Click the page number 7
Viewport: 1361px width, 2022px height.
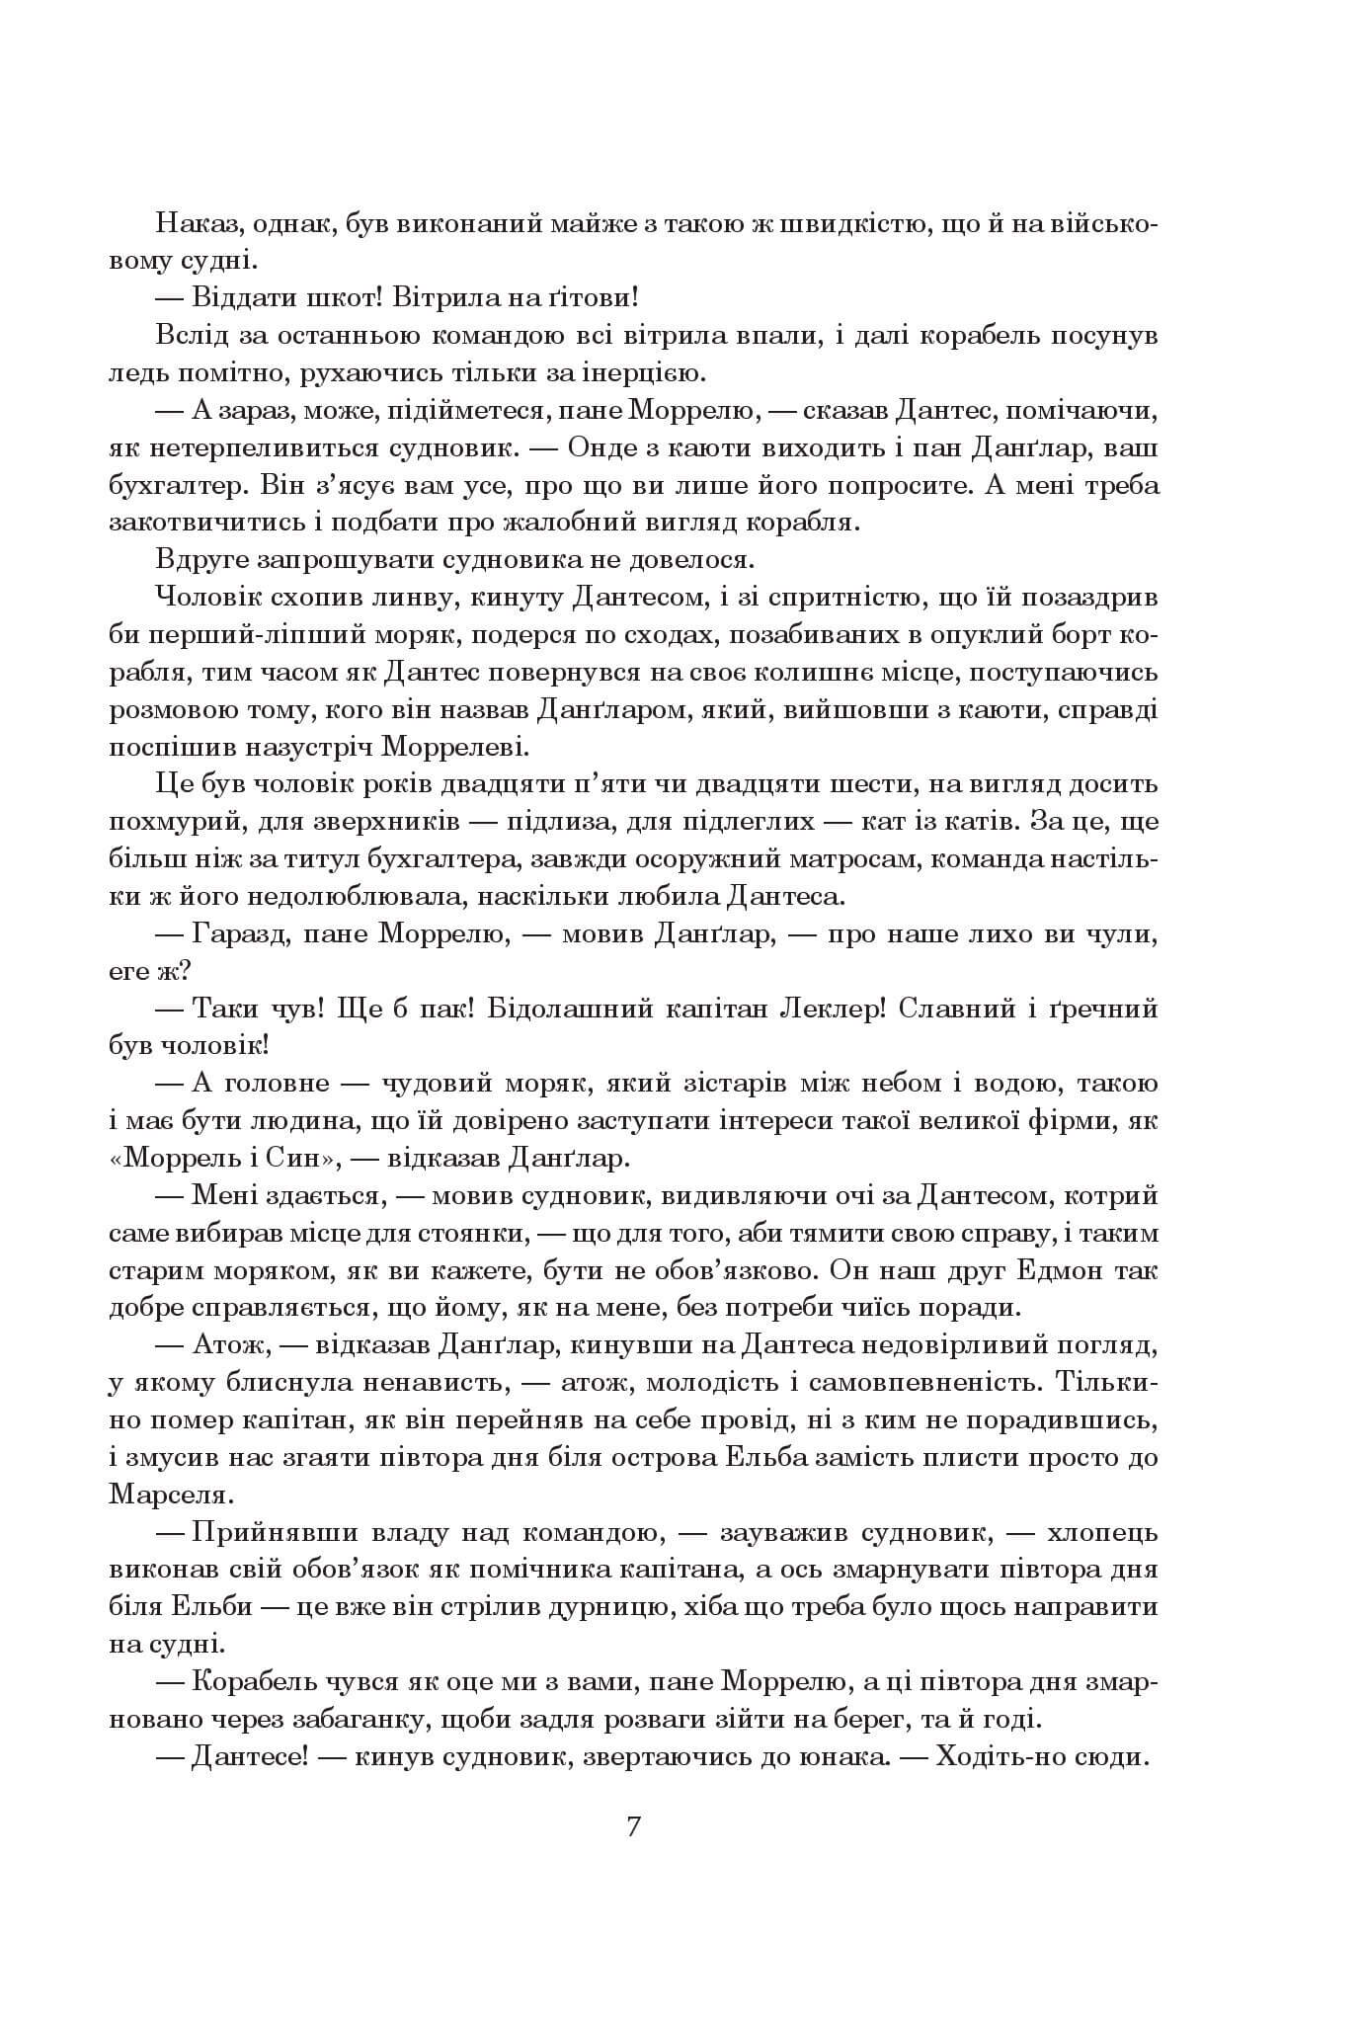[x=633, y=1825]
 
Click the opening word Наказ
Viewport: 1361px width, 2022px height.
[x=194, y=224]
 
